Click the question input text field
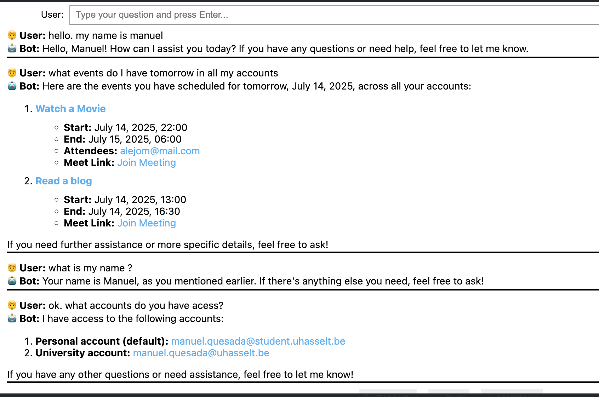click(x=333, y=15)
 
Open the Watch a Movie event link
click(x=70, y=109)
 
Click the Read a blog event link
click(x=64, y=181)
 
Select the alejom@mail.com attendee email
click(x=160, y=151)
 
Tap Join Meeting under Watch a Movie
click(x=147, y=163)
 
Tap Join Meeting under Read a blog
click(x=147, y=223)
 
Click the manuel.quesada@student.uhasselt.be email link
click(x=258, y=341)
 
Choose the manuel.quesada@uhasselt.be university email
click(x=201, y=353)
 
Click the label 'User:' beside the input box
click(x=52, y=15)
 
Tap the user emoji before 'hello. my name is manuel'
click(x=12, y=35)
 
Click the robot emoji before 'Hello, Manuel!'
click(x=12, y=48)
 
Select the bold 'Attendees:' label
click(x=90, y=151)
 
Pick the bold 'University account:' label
click(x=83, y=353)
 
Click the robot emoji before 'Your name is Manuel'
click(x=12, y=281)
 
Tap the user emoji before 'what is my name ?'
click(x=12, y=268)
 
